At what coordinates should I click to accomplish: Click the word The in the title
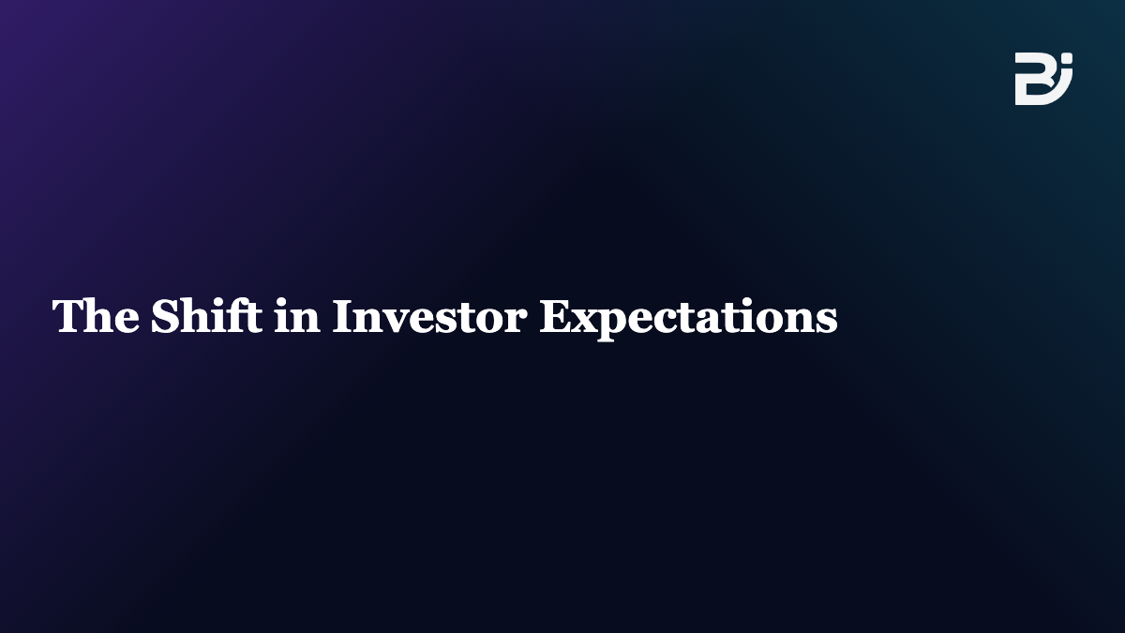[96, 315]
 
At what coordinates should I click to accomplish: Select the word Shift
[206, 315]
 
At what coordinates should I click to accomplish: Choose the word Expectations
[688, 319]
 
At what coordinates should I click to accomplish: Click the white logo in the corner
[1043, 79]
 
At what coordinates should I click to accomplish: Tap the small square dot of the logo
[1068, 58]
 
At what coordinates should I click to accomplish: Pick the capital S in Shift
[164, 315]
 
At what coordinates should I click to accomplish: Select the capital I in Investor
[343, 315]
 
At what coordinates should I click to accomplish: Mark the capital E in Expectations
[555, 315]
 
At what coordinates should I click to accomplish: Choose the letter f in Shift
[236, 315]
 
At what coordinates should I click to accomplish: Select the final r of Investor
[516, 321]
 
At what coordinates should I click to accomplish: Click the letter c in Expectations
[668, 321]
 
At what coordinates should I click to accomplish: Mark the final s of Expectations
[827, 321]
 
